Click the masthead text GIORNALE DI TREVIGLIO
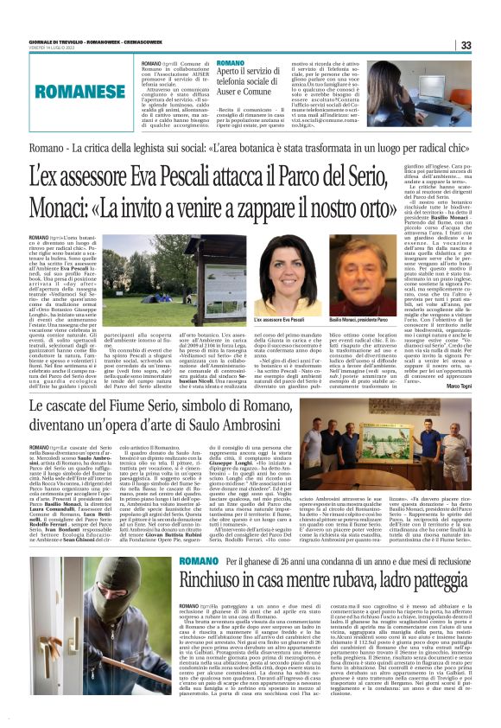(60, 40)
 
